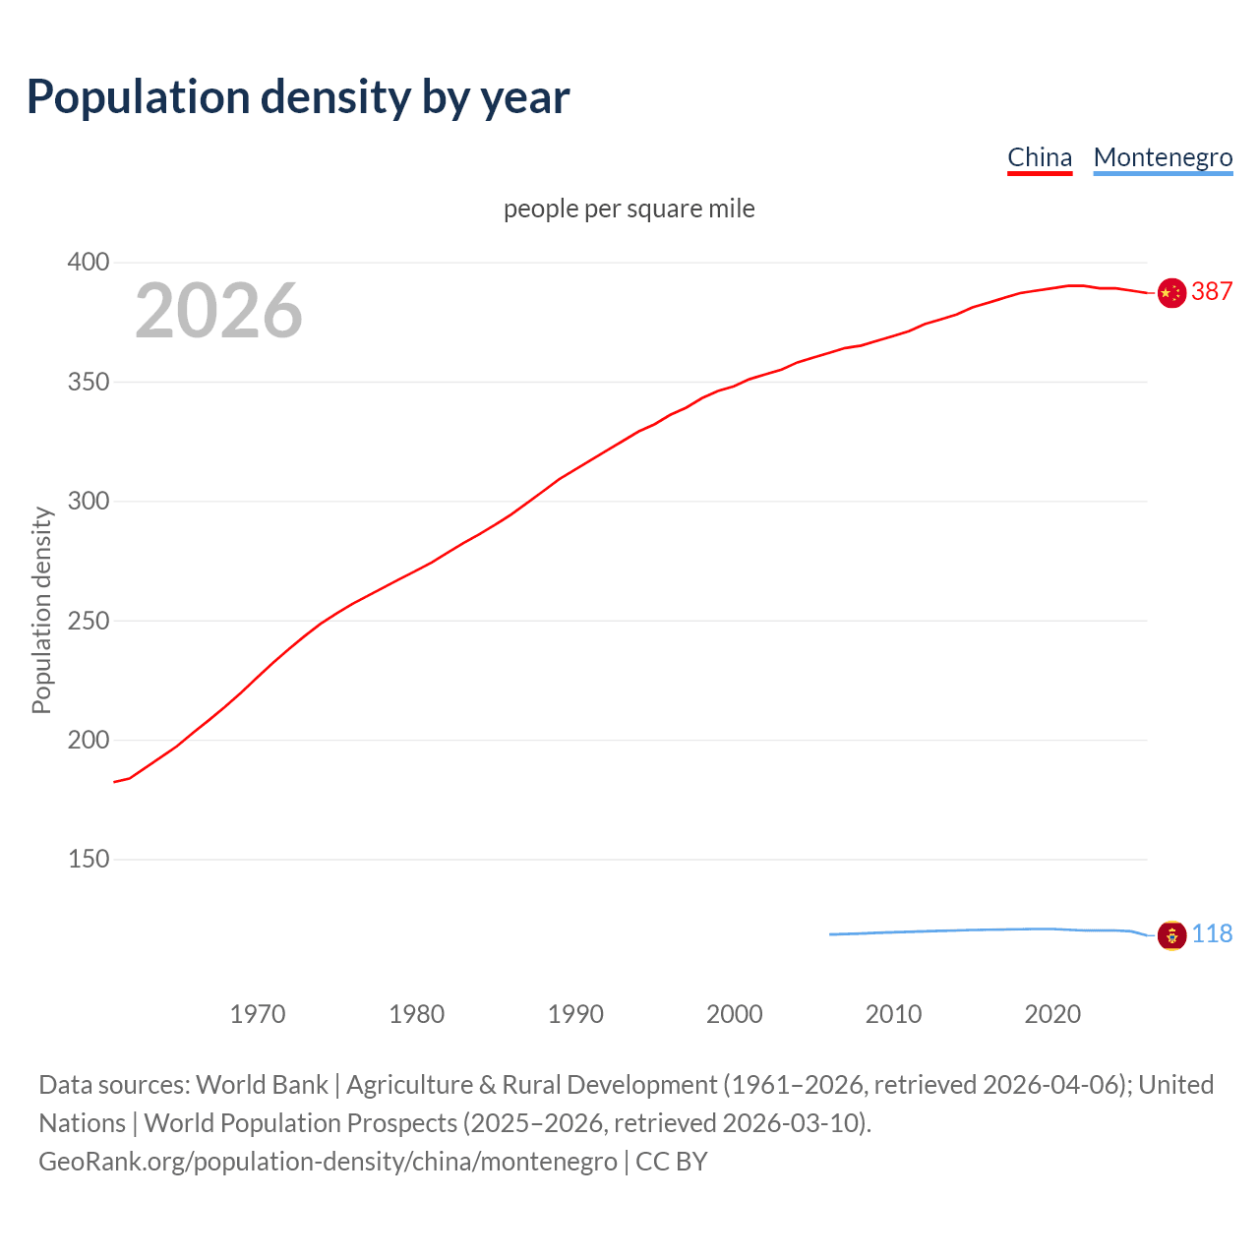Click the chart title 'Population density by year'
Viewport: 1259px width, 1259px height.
[x=298, y=97]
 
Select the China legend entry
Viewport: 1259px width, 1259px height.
[x=1040, y=157]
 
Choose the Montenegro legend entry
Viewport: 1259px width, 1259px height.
[x=1163, y=157]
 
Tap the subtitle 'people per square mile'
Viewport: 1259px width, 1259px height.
[x=629, y=209]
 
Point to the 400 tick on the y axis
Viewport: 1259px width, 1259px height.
[x=89, y=263]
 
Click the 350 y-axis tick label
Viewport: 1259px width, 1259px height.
[x=89, y=382]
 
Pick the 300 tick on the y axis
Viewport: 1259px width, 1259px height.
[x=89, y=502]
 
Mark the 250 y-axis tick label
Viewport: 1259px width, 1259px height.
[x=89, y=621]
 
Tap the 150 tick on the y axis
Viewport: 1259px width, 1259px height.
[x=89, y=860]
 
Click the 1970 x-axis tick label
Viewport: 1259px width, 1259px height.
[x=258, y=1014]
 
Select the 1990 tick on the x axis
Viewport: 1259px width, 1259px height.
[x=575, y=1014]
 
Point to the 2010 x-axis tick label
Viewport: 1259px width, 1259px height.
[x=893, y=1014]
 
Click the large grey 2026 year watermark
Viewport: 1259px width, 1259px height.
[x=218, y=311]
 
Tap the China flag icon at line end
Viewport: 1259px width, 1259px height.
[x=1171, y=293]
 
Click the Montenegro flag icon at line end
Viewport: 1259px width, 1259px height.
[x=1171, y=935]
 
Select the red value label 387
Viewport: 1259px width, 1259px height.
[x=1212, y=292]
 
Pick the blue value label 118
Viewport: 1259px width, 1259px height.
[x=1212, y=934]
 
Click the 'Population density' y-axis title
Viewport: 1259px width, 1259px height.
[x=41, y=610]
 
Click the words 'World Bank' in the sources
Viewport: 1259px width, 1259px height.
[x=262, y=1085]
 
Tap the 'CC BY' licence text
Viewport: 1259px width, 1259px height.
[x=672, y=1162]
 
